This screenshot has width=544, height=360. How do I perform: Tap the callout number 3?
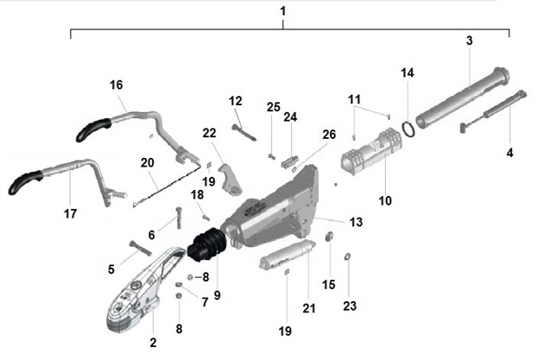(469, 41)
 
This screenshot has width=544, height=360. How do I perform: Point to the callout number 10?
(385, 200)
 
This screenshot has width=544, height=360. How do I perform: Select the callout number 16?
(117, 85)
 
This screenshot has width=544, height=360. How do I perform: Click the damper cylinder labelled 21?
(285, 256)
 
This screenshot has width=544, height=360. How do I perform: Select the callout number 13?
(356, 222)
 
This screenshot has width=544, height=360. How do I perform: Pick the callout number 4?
(510, 153)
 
